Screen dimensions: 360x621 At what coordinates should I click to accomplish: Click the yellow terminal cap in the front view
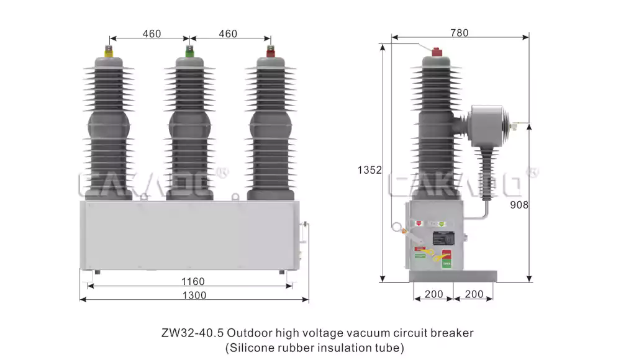[x=109, y=51]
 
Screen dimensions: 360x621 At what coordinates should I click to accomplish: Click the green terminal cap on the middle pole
[x=189, y=50]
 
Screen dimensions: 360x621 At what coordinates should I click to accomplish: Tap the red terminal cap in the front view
[x=270, y=50]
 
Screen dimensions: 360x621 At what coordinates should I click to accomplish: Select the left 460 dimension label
[x=152, y=34]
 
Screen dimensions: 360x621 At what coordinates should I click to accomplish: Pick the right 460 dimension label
[x=228, y=34]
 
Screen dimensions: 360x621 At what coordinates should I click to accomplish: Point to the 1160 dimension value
[x=193, y=281]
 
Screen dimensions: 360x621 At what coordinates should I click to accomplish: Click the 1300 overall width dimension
[x=194, y=295]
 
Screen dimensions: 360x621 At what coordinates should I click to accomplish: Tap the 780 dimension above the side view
[x=459, y=33]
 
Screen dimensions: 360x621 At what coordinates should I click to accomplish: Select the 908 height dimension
[x=519, y=204]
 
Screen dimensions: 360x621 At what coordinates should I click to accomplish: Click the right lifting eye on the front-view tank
[x=236, y=197]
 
